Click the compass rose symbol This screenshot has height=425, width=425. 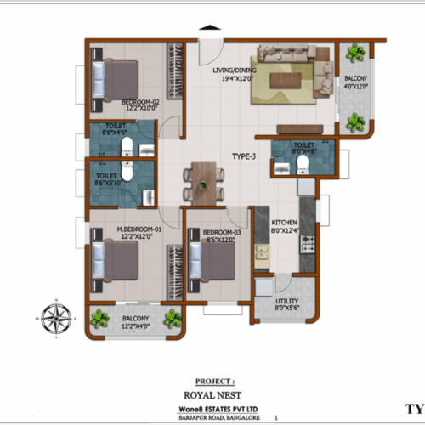tap(56, 319)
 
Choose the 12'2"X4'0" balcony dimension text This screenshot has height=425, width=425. tap(136, 326)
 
